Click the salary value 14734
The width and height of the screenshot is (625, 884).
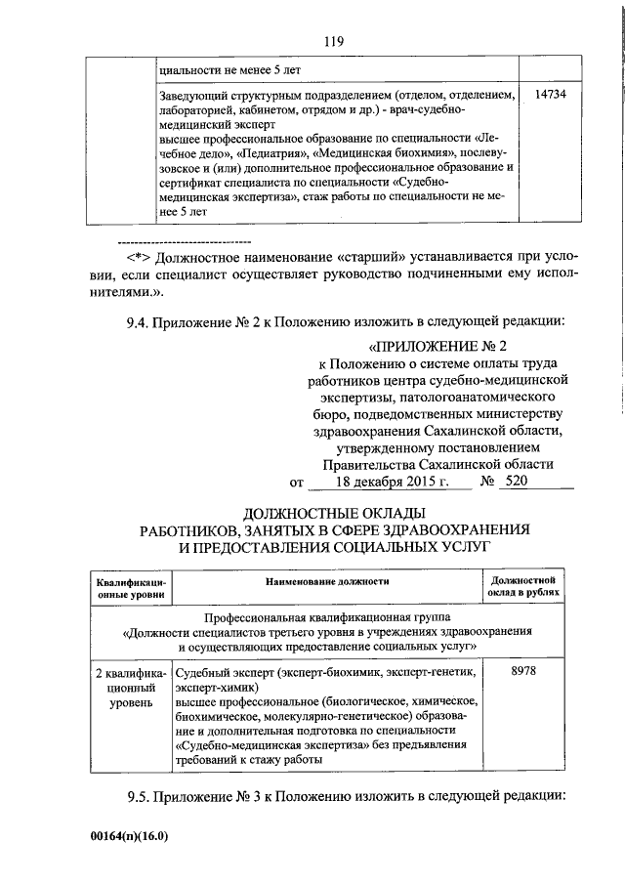click(551, 95)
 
